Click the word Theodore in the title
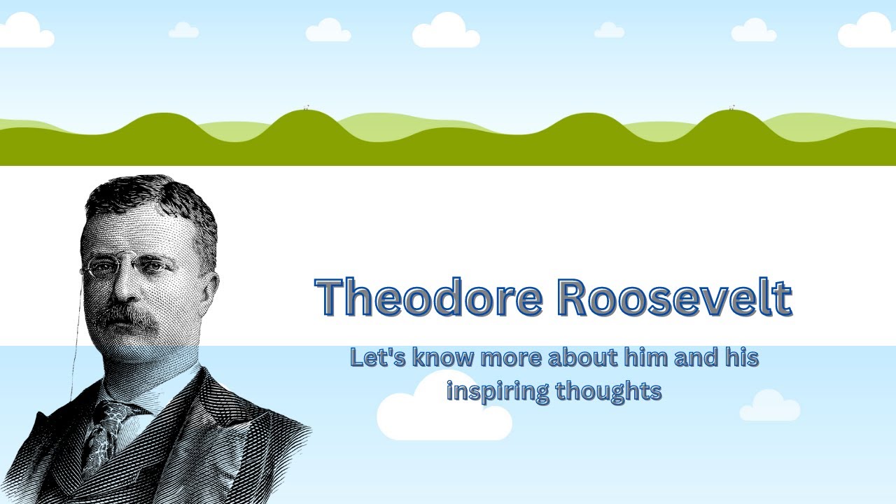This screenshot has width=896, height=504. (428, 297)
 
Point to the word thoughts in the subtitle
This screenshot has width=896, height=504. (608, 390)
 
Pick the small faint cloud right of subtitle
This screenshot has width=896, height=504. (769, 407)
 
